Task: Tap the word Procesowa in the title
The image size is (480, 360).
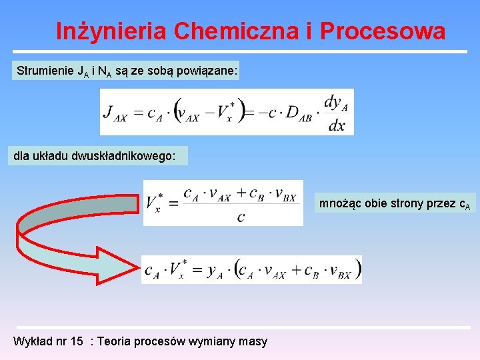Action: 383,31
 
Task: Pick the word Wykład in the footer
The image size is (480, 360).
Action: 31,341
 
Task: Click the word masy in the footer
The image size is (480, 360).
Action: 252,341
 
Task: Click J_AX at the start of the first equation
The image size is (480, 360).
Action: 115,113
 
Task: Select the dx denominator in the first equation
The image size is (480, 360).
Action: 337,125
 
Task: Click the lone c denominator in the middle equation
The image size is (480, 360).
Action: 240,217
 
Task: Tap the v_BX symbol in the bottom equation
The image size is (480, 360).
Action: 343,271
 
